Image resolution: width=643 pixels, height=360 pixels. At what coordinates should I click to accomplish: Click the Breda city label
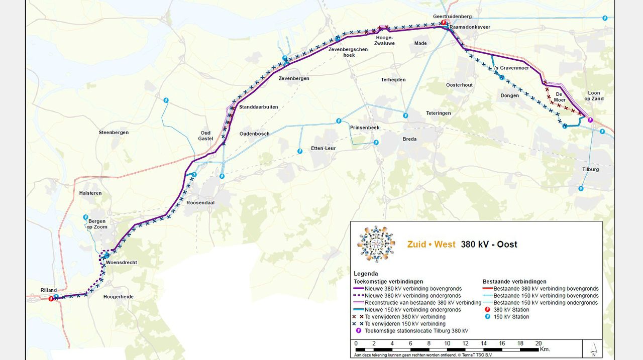(x=410, y=139)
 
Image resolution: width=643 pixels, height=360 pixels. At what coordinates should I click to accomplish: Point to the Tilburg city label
(x=591, y=169)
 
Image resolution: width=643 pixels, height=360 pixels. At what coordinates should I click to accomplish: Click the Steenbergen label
(x=114, y=133)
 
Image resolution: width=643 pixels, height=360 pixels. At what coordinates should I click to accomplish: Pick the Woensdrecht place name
(x=123, y=263)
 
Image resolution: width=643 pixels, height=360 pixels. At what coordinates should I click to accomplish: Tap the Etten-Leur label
(x=323, y=149)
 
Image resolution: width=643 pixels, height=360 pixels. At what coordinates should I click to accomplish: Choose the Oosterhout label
(x=460, y=85)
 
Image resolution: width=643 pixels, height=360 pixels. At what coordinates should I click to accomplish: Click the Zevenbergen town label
(x=294, y=79)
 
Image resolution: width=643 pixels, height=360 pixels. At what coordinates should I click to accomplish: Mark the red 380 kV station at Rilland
(x=51, y=299)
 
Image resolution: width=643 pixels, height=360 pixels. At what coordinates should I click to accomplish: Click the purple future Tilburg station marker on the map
(x=590, y=120)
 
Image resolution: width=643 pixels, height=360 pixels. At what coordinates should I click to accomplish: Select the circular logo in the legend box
(x=376, y=245)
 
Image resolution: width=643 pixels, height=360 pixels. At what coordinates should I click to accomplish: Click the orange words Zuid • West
(x=432, y=245)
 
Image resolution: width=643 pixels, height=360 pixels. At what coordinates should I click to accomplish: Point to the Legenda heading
(x=366, y=274)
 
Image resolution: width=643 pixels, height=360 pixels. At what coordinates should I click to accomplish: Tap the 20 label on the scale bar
(x=538, y=343)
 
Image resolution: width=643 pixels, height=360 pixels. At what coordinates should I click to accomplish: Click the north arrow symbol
(x=594, y=347)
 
